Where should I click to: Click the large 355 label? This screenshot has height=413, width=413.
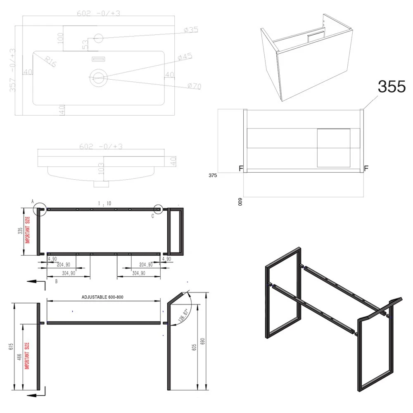coord(392,86)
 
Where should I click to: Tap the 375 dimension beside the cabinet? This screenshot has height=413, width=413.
coord(213,175)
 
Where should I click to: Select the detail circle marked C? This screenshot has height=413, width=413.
coord(159,209)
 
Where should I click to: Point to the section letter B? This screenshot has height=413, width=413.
coord(56,281)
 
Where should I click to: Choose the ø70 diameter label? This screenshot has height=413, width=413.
coord(194,86)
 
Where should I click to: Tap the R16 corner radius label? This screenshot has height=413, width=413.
coord(51,62)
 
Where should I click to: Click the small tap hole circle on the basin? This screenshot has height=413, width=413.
coord(98,38)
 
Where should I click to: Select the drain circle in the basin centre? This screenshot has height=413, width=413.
coord(99,76)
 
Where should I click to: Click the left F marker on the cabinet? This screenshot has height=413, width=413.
coord(241,169)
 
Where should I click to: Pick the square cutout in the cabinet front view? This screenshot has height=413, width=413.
coord(333,147)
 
